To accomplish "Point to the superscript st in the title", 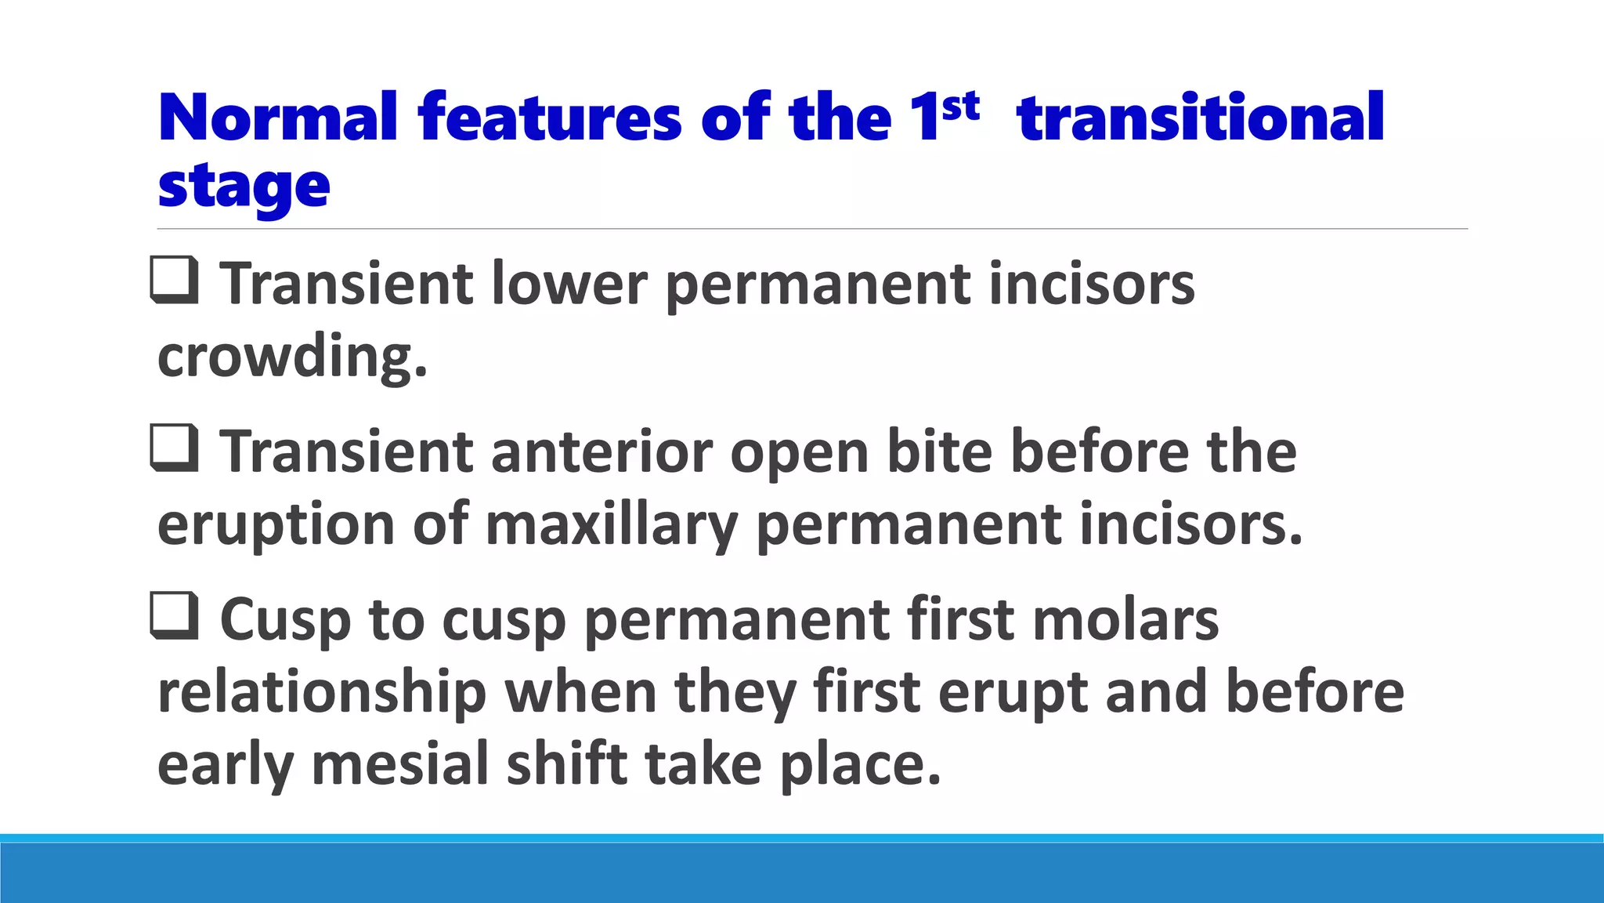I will pos(960,107).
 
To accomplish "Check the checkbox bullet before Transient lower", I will pos(174,281).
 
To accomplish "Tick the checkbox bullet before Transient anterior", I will pos(174,448).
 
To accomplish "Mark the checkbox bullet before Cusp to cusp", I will pos(174,616).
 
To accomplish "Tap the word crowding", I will pos(292,357).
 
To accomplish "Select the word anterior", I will pos(601,452).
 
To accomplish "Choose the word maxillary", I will pos(611,525).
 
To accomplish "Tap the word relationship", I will pos(321,693).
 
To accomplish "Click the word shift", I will pos(567,765).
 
